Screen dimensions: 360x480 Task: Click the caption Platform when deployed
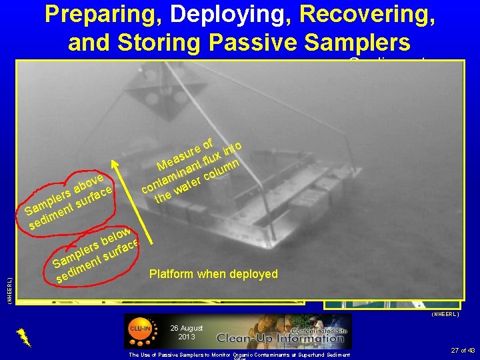[x=213, y=274]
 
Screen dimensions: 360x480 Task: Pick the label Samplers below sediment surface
[x=97, y=255]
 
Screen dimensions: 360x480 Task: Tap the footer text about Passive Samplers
[x=240, y=355]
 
